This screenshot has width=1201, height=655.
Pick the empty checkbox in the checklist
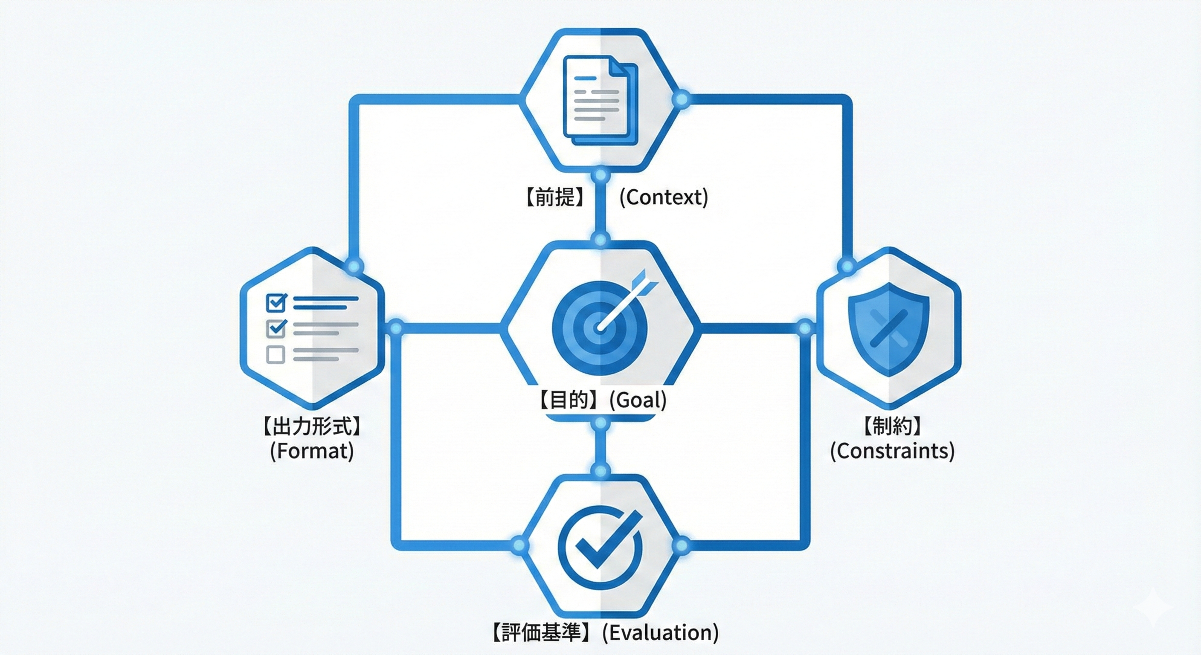click(x=276, y=354)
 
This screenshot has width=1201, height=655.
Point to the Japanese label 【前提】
click(x=555, y=197)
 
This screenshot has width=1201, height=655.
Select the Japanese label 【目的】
click(x=569, y=400)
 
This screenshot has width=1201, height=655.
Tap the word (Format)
click(x=312, y=451)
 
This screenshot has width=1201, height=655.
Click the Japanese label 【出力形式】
click(x=312, y=426)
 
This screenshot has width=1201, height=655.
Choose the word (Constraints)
click(x=892, y=451)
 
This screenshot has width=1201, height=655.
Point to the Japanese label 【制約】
click(x=892, y=426)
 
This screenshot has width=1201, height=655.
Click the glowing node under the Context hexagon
click(x=600, y=176)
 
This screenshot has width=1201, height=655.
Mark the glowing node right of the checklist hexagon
click(x=395, y=328)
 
